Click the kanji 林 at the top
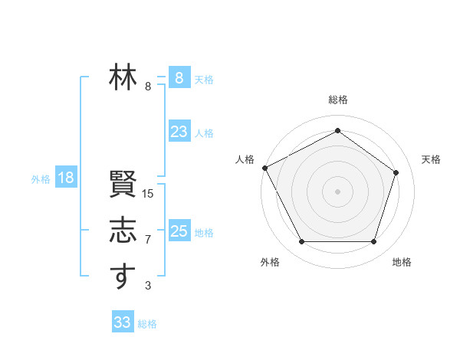[123, 77]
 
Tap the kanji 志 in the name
[123, 231]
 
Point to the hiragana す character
[123, 277]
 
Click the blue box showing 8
[179, 77]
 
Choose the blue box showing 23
[179, 132]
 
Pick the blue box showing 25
[179, 231]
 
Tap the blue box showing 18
[66, 178]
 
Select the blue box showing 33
[123, 322]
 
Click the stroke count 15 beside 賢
[148, 194]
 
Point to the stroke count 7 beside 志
[148, 240]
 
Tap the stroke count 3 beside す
[148, 286]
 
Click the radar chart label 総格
[338, 100]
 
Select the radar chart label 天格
[431, 159]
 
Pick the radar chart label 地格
[402, 262]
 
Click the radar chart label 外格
[270, 262]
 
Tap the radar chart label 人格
[245, 159]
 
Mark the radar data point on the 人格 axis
[264, 168]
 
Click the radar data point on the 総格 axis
[337, 131]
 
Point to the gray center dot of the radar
[337, 191]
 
